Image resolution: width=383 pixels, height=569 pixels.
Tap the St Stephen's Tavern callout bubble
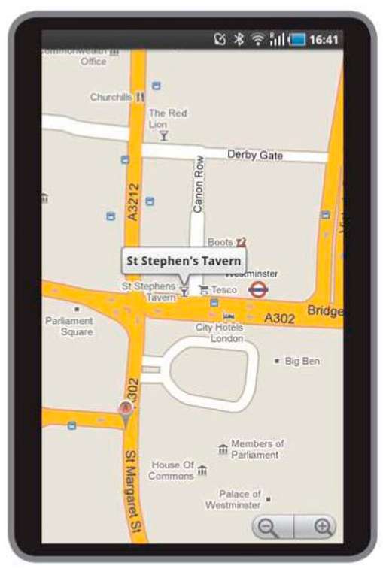(x=184, y=262)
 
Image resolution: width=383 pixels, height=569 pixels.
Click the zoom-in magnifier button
(x=322, y=527)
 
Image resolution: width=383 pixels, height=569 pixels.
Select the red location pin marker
(x=126, y=410)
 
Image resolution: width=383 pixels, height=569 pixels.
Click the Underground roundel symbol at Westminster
(x=258, y=289)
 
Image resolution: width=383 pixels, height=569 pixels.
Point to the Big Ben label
(x=302, y=361)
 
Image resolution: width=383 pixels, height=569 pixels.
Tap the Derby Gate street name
(x=255, y=155)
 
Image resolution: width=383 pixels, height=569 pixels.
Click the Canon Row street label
(x=198, y=183)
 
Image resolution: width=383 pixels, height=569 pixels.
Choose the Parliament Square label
(x=68, y=326)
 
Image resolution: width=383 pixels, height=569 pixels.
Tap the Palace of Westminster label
(x=233, y=500)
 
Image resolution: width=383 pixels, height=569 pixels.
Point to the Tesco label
(x=223, y=289)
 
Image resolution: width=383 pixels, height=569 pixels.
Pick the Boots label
(x=220, y=242)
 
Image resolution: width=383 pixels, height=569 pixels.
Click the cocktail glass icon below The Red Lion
(x=163, y=136)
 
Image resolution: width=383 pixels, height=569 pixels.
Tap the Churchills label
(x=111, y=97)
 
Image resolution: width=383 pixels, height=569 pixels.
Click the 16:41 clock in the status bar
(x=324, y=39)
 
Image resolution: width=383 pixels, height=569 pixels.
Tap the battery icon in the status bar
(x=299, y=39)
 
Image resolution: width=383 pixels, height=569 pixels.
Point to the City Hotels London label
(x=219, y=333)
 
